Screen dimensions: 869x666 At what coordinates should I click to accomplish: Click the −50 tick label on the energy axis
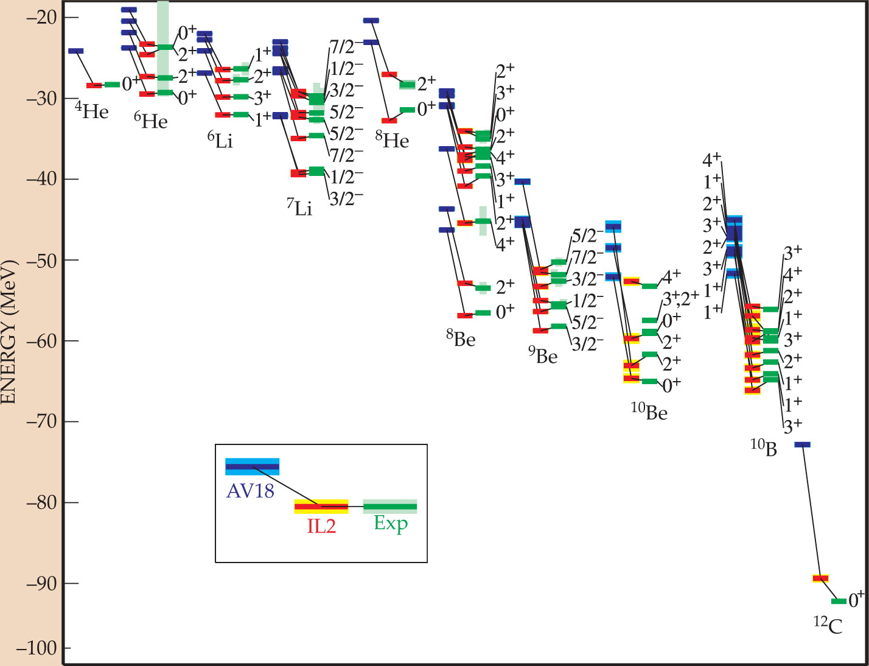41,260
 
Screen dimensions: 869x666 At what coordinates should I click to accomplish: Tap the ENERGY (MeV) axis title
9,332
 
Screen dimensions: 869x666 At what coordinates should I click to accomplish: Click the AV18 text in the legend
250,491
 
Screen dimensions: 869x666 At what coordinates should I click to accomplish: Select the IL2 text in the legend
321,527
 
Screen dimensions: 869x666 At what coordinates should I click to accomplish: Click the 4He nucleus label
91,111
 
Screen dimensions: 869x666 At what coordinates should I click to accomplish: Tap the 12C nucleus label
828,626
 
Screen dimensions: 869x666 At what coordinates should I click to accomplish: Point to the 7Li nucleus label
299,207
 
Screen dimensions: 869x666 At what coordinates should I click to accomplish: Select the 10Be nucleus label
649,412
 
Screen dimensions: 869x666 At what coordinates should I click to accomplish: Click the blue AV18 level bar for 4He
75,51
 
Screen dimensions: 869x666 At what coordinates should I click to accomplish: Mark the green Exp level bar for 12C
839,601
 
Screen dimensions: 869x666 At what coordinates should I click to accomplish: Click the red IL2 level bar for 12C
820,578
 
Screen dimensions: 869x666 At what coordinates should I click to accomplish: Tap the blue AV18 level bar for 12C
802,444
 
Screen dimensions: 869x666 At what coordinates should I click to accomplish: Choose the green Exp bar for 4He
112,85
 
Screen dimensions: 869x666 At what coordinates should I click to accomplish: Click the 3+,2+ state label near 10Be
680,298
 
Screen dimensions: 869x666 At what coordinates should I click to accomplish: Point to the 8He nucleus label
392,140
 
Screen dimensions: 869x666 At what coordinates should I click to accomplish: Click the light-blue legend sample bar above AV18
253,466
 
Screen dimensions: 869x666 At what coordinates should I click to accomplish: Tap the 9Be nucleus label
543,355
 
